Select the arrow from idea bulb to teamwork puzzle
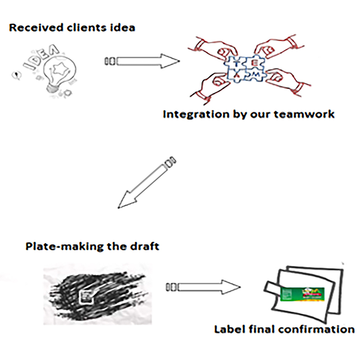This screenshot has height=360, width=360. (142, 60)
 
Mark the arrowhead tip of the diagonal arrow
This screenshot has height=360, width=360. (119, 208)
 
